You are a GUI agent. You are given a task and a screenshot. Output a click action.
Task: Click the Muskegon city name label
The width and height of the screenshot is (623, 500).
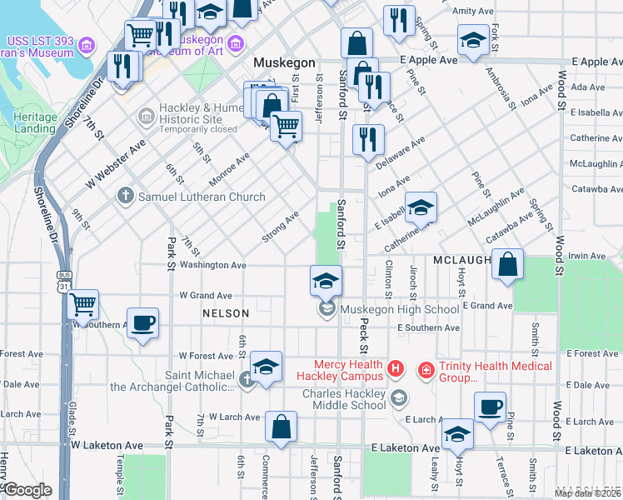[x=284, y=63]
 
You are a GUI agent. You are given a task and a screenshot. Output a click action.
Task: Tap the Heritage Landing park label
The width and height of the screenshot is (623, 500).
[x=35, y=123]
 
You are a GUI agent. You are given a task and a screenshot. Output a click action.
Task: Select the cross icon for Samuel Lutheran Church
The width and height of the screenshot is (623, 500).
[x=125, y=197]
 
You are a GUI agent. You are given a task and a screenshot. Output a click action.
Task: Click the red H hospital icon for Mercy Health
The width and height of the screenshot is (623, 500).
[x=396, y=367]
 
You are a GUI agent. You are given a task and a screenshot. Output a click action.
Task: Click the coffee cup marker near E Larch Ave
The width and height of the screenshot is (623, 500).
[x=490, y=407]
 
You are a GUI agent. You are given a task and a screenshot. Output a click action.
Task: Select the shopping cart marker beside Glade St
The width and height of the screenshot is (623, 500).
[x=82, y=305]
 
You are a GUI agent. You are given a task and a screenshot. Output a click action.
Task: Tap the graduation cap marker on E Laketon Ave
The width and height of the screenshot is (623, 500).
[x=457, y=433]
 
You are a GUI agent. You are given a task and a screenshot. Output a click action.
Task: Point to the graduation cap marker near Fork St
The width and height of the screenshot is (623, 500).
[x=473, y=40]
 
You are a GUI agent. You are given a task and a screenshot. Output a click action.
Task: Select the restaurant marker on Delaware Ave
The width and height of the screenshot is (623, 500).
[x=368, y=139]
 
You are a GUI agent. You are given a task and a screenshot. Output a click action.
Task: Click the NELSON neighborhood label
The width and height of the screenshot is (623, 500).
[x=226, y=313]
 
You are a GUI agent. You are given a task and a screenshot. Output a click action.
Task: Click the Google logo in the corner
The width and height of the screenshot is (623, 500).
[x=27, y=490]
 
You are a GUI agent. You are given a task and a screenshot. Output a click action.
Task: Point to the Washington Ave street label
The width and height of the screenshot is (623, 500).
[x=213, y=265]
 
